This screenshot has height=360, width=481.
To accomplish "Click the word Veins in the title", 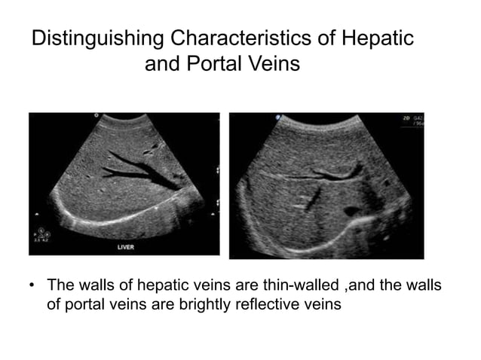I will (273, 66).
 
